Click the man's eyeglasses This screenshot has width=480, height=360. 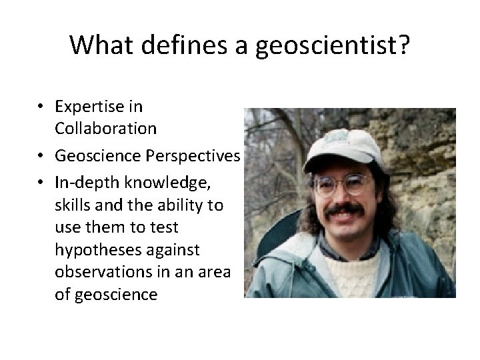point(342,183)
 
